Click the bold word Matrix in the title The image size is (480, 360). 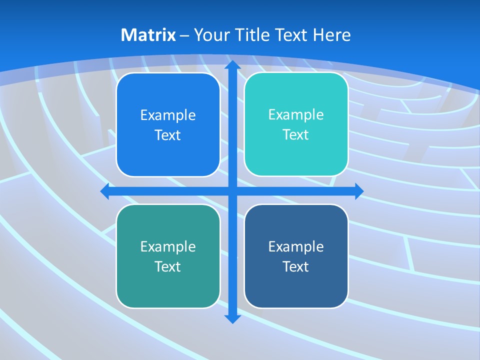[148, 35]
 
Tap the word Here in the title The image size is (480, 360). [331, 35]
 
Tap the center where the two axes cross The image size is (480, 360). [232, 191]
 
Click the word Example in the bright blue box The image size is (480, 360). [168, 115]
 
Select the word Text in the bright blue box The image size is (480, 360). [168, 135]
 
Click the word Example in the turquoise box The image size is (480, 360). [296, 115]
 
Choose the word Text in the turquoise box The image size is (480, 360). [296, 135]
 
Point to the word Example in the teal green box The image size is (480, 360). [168, 247]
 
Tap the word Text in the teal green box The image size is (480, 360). [168, 267]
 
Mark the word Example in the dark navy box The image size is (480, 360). [296, 247]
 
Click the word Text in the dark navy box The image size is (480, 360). [296, 267]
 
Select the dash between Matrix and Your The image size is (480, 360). [184, 35]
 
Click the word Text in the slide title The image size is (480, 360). [290, 35]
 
